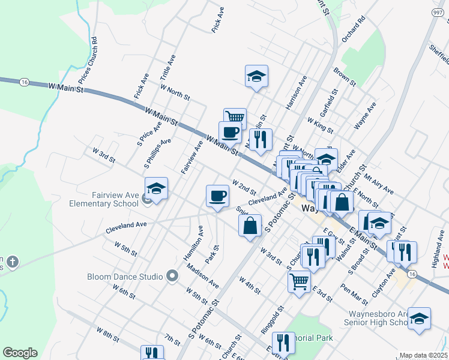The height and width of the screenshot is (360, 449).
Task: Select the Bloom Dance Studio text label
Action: coord(125,277)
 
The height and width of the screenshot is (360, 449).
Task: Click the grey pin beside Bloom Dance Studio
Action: coord(172,276)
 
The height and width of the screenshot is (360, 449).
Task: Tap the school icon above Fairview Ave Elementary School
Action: coord(156,189)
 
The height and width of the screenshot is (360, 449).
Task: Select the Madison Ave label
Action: coord(202,275)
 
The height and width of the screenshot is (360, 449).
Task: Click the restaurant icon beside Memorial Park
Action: coord(282,343)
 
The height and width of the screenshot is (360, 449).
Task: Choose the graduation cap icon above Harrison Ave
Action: coord(256,76)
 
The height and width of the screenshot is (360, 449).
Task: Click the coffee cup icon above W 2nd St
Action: coord(217,195)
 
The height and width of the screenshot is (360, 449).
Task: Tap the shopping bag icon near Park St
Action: coord(250,226)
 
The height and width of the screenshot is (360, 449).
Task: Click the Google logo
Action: coord(20,353)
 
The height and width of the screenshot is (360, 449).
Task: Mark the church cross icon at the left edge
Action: coord(13,262)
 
